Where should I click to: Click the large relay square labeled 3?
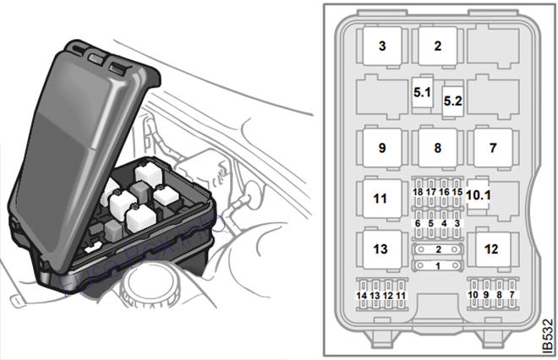(x=382, y=46)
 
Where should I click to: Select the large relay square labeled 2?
(x=438, y=46)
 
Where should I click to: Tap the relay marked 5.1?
(x=423, y=92)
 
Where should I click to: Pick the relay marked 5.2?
(x=452, y=101)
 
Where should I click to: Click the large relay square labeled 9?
(x=382, y=148)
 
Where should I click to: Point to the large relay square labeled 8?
(x=438, y=148)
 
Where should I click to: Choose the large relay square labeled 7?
(x=493, y=148)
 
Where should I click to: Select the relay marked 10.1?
(x=479, y=194)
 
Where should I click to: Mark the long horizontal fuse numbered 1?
(x=438, y=265)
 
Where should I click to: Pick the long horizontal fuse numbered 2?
(x=438, y=249)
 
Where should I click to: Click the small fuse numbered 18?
(x=418, y=192)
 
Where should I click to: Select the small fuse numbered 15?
(x=457, y=192)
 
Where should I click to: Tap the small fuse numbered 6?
(x=418, y=223)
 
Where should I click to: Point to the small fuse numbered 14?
(x=362, y=295)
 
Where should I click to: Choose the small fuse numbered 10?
(x=473, y=295)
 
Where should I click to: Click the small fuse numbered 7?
(x=511, y=295)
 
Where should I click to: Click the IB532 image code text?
(x=549, y=336)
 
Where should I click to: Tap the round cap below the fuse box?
(x=151, y=286)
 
